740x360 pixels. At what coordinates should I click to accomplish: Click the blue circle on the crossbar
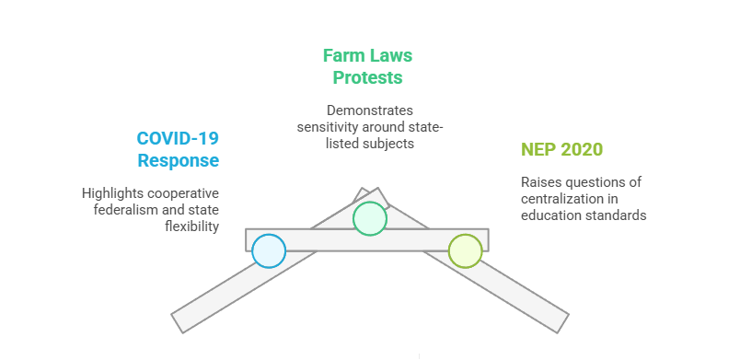point(269,250)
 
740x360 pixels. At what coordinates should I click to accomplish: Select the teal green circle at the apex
point(369,218)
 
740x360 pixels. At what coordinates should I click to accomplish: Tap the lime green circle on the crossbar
point(465,250)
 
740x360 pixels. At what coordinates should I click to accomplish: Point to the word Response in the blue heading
point(179,161)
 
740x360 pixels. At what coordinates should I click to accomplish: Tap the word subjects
point(390,143)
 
